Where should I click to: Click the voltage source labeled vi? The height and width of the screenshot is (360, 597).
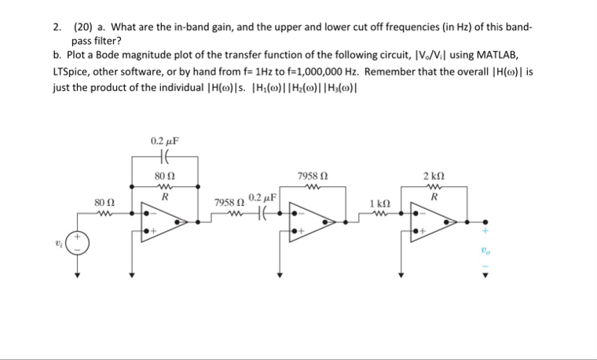point(78,242)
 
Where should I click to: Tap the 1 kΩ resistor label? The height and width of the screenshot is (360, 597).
point(379,203)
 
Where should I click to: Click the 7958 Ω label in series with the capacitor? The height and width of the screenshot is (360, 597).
point(229,203)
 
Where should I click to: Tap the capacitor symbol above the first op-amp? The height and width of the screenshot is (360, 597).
point(164,156)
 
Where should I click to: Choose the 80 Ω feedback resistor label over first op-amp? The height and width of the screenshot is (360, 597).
point(165,176)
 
